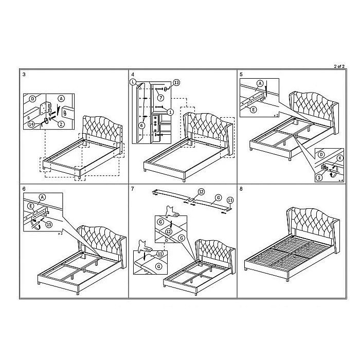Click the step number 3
click(x=24, y=75)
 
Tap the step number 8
click(x=241, y=189)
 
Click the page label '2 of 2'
click(x=339, y=66)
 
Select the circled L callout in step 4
click(x=133, y=82)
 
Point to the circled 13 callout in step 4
click(x=176, y=82)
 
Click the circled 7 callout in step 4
click(x=160, y=98)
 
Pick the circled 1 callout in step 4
click(x=170, y=112)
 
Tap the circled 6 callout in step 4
click(x=141, y=125)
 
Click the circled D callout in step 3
click(x=32, y=99)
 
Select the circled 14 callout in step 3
click(x=32, y=124)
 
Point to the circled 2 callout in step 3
click(x=61, y=124)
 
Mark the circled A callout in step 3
click(x=61, y=99)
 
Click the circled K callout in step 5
click(x=340, y=158)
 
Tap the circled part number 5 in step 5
click(x=319, y=177)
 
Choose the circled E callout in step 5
click(x=254, y=110)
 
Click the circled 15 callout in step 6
click(x=49, y=224)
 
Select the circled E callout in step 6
click(x=31, y=206)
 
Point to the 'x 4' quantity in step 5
click(x=340, y=181)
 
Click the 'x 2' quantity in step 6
click(x=60, y=233)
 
